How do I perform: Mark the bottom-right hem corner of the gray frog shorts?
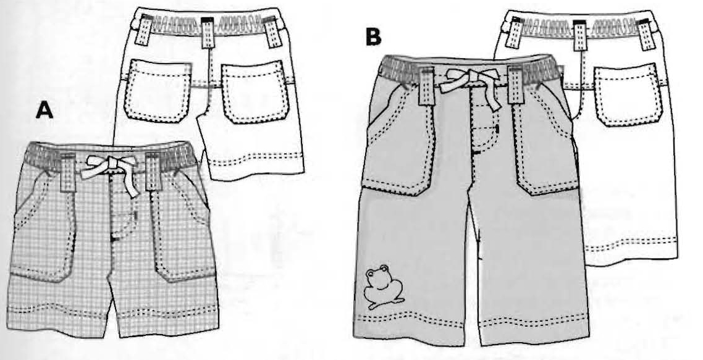(589, 340)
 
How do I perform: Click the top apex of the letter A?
(44, 103)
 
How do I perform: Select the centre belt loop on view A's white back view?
(207, 32)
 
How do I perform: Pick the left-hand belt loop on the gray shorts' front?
(426, 85)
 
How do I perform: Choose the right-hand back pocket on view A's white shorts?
(255, 93)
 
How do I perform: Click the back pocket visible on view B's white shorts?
(628, 95)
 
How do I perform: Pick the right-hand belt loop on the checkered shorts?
(153, 172)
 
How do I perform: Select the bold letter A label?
(44, 111)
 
